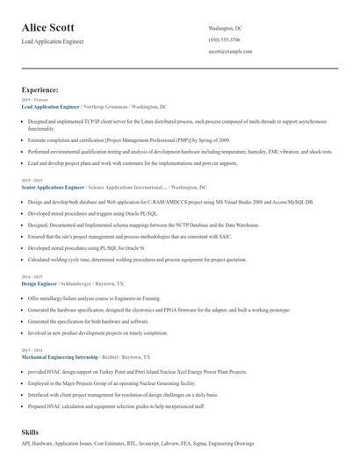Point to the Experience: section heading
pyautogui.click(x=40, y=89)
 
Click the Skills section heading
pyautogui.click(x=30, y=433)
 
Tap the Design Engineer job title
pyautogui.click(x=39, y=284)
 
